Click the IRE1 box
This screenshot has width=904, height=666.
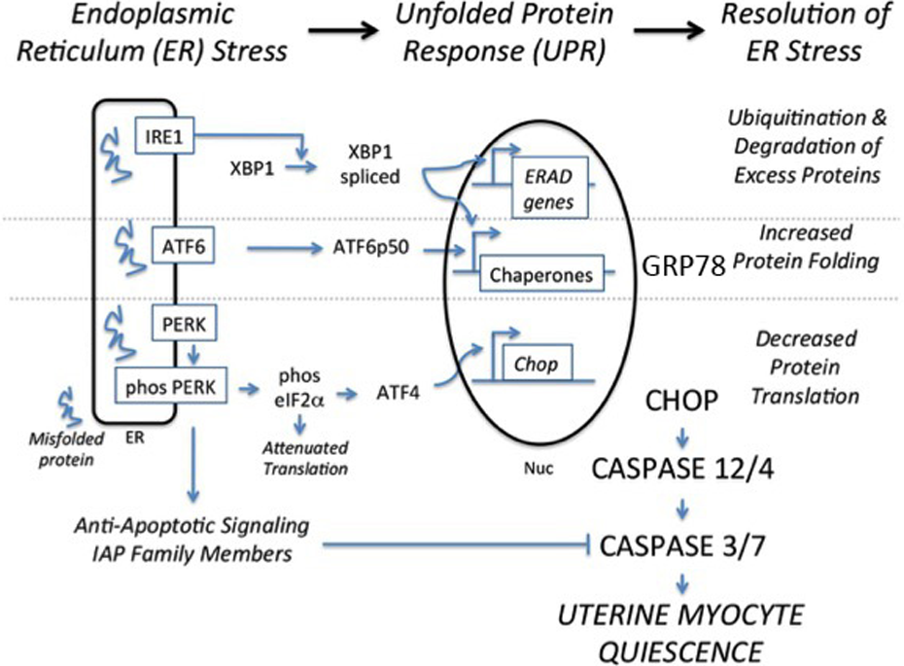tap(164, 136)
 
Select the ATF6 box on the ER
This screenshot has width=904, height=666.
tap(184, 246)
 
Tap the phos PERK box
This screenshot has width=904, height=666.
tap(171, 385)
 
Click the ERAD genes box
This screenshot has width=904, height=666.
tap(550, 188)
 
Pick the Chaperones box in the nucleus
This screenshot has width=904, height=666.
tap(541, 273)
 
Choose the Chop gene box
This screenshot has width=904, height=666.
tap(538, 364)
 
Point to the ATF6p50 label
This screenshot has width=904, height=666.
tap(370, 247)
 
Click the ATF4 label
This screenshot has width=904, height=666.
tap(398, 393)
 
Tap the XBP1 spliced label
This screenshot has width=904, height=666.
tap(369, 163)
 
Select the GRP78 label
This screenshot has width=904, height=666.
tap(683, 266)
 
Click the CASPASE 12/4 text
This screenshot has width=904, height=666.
tap(682, 469)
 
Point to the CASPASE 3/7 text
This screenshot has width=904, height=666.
tap(682, 545)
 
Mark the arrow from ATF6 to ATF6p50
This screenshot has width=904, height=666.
tap(285, 249)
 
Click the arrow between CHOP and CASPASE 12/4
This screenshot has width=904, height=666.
tap(682, 438)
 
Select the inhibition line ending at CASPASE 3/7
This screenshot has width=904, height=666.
tap(456, 544)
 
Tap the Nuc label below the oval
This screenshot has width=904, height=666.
tap(539, 468)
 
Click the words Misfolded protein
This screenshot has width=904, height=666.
tap(66, 449)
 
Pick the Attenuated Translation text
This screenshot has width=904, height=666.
tap(305, 458)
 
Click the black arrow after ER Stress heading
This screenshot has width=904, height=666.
tap(342, 30)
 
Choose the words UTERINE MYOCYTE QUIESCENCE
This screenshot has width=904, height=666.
tap(680, 633)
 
